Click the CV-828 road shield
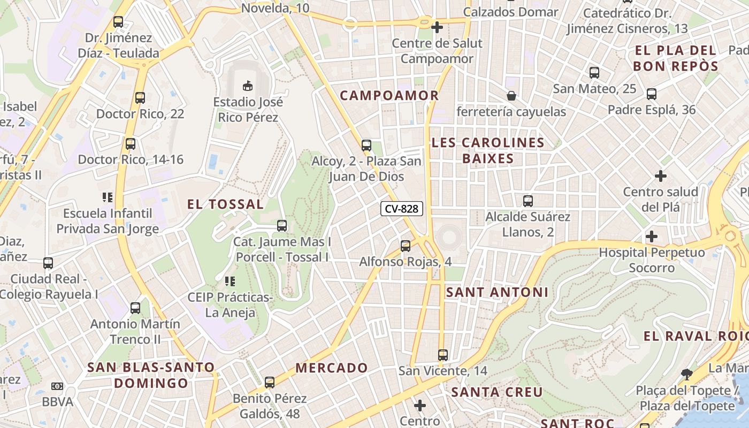pyautogui.click(x=402, y=209)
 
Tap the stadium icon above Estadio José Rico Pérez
pyautogui.click(x=248, y=85)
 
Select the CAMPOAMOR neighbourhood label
pyautogui.click(x=389, y=96)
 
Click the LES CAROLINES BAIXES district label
pyautogui.click(x=487, y=150)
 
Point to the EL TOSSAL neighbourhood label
pyautogui.click(x=225, y=204)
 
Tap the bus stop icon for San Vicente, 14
pyautogui.click(x=442, y=355)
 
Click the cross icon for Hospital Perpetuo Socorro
pyautogui.click(x=652, y=236)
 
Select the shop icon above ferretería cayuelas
pyautogui.click(x=511, y=96)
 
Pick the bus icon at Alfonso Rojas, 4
pyautogui.click(x=406, y=246)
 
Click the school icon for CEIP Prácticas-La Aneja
pyautogui.click(x=230, y=281)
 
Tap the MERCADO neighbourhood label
pyautogui.click(x=332, y=368)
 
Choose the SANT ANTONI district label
pyautogui.click(x=497, y=292)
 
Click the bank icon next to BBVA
pyautogui.click(x=57, y=386)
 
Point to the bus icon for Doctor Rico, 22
pyautogui.click(x=140, y=98)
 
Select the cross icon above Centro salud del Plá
pyautogui.click(x=661, y=175)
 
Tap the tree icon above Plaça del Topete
pyautogui.click(x=686, y=374)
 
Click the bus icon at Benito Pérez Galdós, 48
pyautogui.click(x=270, y=383)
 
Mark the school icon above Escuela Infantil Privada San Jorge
pyautogui.click(x=108, y=197)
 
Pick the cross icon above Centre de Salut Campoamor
pyautogui.click(x=437, y=27)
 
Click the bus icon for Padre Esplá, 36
pyautogui.click(x=652, y=94)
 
